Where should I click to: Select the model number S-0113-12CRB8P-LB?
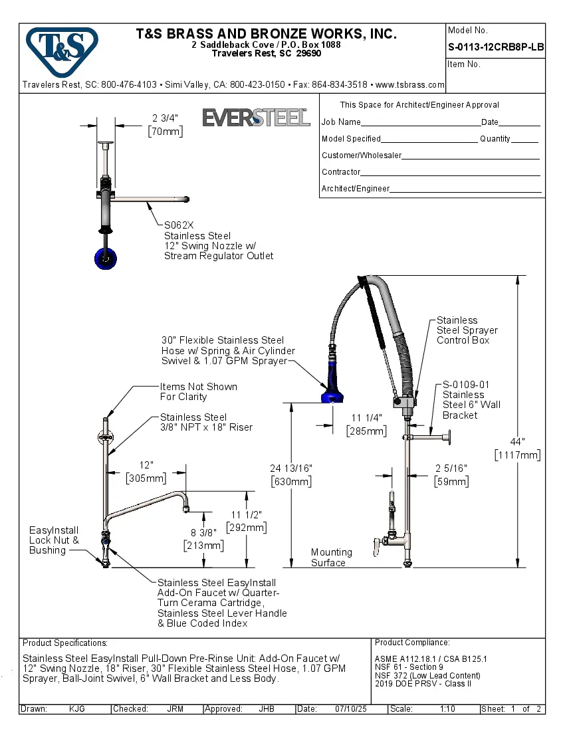496,47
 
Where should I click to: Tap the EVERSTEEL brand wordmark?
256,118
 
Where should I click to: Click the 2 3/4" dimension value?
165,118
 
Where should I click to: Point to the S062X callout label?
179,225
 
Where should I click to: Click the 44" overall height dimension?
517,441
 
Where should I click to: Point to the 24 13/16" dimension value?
291,468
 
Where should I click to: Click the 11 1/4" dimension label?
366,418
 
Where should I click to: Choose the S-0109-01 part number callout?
466,384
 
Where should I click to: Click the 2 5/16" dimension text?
451,468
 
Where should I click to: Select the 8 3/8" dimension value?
203,532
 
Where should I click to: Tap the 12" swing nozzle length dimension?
146,465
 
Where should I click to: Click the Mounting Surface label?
331,557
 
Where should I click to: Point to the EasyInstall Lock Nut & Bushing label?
54,540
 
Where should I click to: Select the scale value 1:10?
447,709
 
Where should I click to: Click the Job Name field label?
341,122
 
